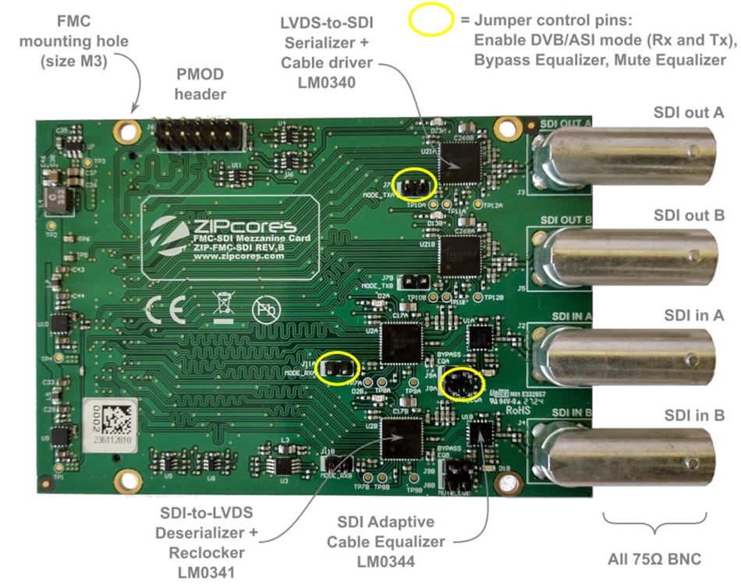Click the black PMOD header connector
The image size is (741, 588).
coord(198,136)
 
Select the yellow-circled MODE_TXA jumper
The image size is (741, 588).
coord(413,184)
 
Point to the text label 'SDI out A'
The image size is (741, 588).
coord(689,112)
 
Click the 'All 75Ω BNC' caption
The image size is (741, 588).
coord(655,558)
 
